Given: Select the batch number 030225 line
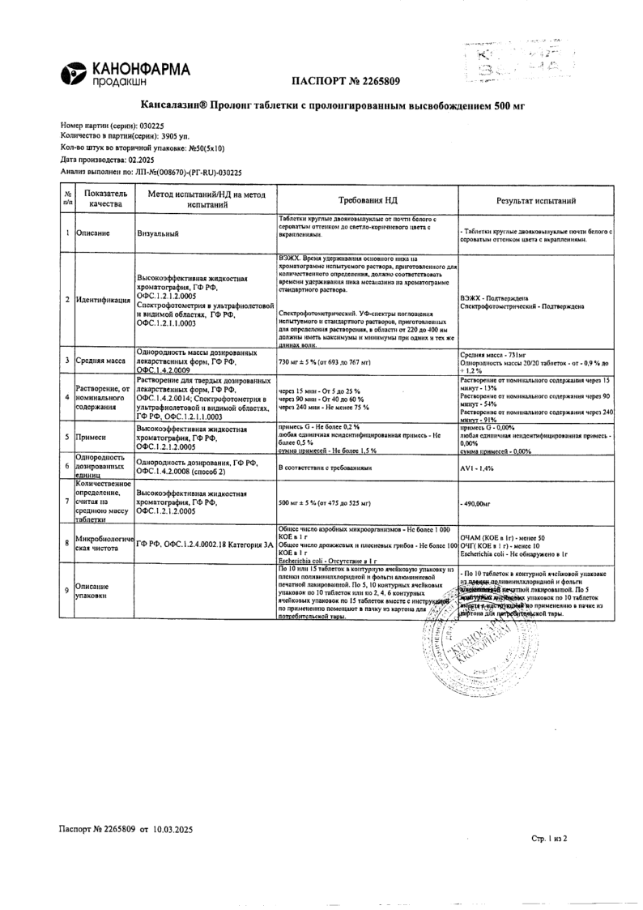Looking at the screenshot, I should point(113,126).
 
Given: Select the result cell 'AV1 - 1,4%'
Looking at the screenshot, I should point(478,468).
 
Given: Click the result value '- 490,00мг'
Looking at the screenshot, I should point(476,504).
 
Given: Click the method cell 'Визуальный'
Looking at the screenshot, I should point(159,233).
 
